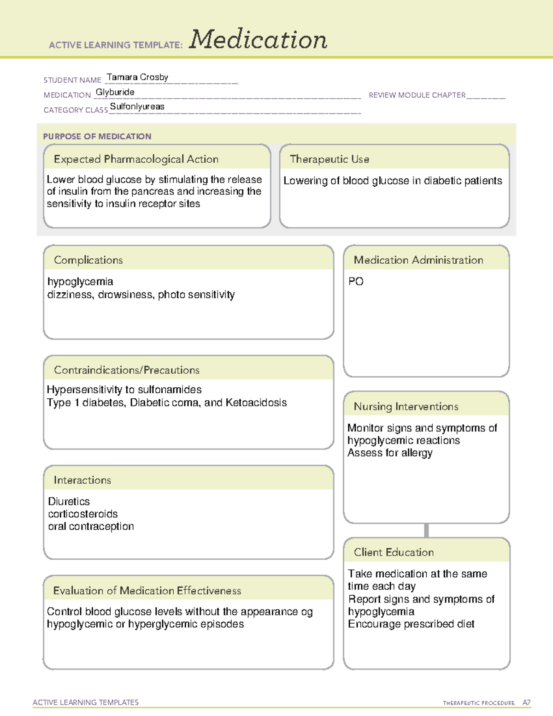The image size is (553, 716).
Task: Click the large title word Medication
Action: (x=258, y=40)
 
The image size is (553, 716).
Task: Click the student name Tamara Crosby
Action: (x=137, y=77)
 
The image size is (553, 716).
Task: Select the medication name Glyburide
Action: (x=115, y=92)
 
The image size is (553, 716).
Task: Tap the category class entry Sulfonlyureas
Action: (x=137, y=107)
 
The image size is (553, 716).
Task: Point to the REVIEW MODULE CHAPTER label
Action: (x=417, y=95)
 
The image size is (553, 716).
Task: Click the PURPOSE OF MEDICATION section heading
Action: (x=97, y=136)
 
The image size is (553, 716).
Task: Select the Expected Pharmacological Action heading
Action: (x=136, y=159)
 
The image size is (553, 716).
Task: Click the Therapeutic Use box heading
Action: (x=329, y=159)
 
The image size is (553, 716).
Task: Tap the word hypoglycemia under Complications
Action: (x=80, y=282)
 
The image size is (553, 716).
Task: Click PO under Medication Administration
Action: (x=356, y=282)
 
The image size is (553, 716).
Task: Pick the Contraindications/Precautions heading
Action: (x=127, y=370)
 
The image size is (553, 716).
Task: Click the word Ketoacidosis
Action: (x=256, y=402)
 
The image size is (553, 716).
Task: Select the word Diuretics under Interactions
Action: (x=69, y=501)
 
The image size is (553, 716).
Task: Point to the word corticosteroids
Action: (x=83, y=514)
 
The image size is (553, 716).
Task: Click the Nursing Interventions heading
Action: (x=406, y=407)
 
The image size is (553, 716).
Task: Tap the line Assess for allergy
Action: (x=390, y=453)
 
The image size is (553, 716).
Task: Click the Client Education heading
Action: (x=394, y=552)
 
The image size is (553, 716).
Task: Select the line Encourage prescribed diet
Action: (x=411, y=624)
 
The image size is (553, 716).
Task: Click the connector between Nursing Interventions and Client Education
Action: (x=426, y=530)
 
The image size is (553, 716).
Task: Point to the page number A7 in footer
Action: (x=526, y=703)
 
